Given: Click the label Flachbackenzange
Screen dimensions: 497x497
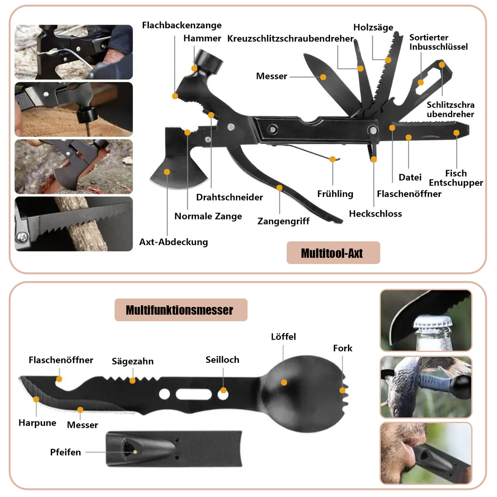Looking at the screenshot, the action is tap(181, 25).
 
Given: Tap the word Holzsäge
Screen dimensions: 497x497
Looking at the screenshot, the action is tap(373, 27).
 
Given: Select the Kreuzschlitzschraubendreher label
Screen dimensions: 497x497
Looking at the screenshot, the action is tap(290, 39).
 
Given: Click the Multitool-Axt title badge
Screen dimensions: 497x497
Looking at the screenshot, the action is tap(333, 253).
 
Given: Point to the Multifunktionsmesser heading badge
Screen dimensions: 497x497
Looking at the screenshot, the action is tap(181, 310).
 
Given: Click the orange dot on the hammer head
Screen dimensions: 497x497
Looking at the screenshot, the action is tap(194, 68).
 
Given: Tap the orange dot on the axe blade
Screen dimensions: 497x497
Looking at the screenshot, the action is tap(167, 172).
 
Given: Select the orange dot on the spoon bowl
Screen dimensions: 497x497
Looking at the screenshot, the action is tap(284, 382).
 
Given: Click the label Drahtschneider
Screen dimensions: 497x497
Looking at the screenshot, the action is tap(229, 197).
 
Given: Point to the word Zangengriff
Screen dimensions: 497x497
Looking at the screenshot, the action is tap(283, 221).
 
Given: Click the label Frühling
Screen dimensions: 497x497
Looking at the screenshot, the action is tap(335, 194).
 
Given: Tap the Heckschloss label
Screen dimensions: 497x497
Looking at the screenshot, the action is tap(375, 214).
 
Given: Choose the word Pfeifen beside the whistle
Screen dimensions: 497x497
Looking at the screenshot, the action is tap(65, 452).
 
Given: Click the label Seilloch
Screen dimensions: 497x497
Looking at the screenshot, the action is tap(222, 359).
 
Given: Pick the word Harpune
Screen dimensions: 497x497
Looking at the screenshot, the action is tap(37, 423).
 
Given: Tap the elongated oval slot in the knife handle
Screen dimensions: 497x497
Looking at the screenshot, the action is tap(193, 394).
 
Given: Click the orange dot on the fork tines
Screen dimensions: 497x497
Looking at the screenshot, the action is tap(342, 390).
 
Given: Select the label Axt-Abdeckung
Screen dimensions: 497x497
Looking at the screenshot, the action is tap(173, 242).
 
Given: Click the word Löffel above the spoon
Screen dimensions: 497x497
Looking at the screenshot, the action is tap(283, 337).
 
